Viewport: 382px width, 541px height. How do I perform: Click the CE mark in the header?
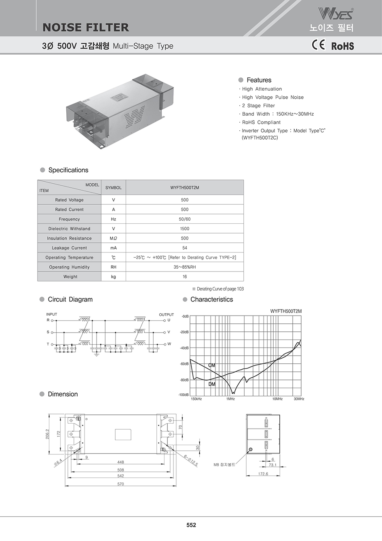tap(318, 45)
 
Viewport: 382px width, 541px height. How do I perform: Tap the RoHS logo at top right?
tap(342, 46)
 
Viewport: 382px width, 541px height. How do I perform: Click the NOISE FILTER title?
tap(86, 27)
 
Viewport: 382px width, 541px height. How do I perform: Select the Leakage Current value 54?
tap(185, 248)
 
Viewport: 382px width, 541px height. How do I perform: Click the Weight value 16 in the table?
tap(185, 277)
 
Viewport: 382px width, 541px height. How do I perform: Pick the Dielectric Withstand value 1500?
tap(185, 229)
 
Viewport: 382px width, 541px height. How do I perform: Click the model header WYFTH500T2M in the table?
tap(185, 187)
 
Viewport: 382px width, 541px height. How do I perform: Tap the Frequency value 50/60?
tap(185, 219)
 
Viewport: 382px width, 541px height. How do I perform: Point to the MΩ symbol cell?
tap(113, 238)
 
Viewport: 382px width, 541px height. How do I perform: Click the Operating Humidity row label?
tap(69, 267)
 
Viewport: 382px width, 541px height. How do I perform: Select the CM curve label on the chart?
tap(212, 365)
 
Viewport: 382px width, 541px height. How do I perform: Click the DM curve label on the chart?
tap(212, 384)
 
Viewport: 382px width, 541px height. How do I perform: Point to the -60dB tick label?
tap(184, 364)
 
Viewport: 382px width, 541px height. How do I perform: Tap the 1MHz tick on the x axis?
tap(230, 399)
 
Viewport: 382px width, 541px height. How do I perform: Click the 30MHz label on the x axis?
tap(299, 399)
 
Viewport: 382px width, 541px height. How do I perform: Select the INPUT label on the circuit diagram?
tap(52, 314)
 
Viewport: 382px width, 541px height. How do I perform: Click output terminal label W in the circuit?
tap(169, 344)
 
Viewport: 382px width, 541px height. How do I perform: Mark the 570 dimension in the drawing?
tap(120, 484)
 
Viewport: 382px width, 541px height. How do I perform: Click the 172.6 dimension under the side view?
tap(263, 474)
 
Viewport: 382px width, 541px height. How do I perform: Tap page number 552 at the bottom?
tap(191, 525)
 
